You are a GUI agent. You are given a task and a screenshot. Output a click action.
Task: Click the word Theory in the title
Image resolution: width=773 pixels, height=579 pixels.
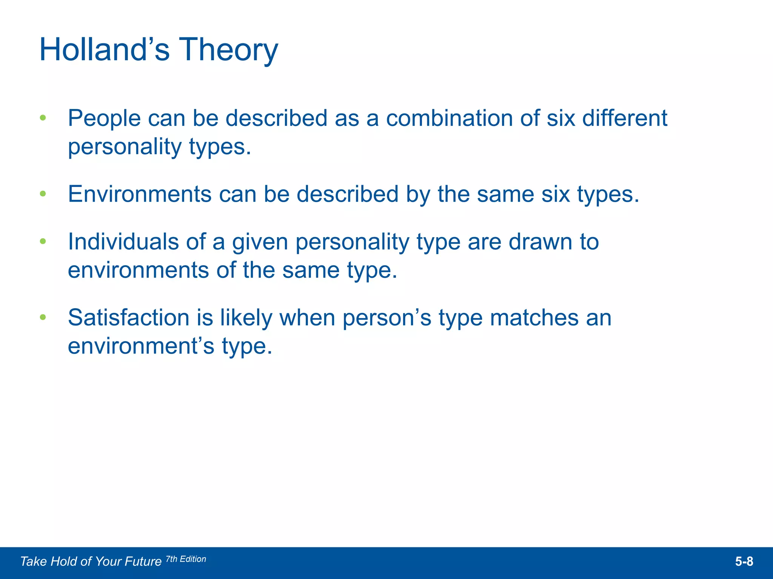tap(228, 50)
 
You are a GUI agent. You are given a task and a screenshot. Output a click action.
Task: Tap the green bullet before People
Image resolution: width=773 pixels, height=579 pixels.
tap(43, 118)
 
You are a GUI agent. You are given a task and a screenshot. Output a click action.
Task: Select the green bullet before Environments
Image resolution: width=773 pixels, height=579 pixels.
tap(43, 194)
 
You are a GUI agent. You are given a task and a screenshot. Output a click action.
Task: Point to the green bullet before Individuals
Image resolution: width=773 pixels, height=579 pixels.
tap(43, 241)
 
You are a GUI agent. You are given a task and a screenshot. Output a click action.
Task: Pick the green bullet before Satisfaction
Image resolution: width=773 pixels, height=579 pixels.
tap(43, 317)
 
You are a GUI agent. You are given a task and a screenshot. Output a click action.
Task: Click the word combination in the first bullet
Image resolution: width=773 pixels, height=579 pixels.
tap(449, 118)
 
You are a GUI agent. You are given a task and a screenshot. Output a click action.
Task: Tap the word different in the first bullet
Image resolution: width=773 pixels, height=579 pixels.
tap(625, 118)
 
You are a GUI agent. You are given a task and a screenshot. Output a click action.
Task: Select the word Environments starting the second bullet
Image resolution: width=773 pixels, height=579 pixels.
tap(140, 194)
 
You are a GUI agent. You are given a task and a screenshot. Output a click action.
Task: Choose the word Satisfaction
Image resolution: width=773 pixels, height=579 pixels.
tap(128, 317)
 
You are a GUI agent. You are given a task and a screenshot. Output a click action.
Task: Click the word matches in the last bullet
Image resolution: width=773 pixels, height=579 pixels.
tap(534, 317)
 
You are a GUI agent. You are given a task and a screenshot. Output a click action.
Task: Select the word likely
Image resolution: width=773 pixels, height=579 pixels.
tap(246, 317)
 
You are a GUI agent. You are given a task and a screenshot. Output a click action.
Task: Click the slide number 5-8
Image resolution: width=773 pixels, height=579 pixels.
tap(744, 562)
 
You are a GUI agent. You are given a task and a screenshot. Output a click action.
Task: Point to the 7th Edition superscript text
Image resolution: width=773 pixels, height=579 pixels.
tap(186, 559)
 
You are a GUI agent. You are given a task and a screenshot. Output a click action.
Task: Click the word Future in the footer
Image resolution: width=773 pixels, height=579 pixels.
tap(143, 562)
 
